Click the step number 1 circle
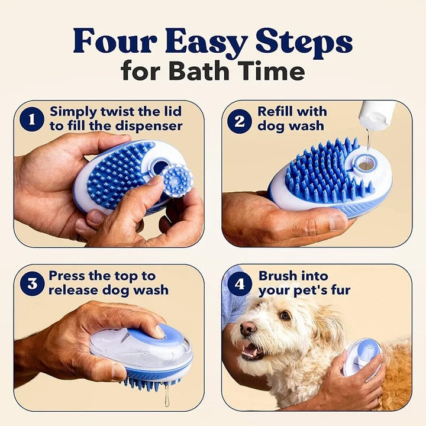[31, 120]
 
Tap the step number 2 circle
[240, 120]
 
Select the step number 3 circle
[31, 283]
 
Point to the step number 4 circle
[240, 283]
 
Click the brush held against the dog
[362, 358]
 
